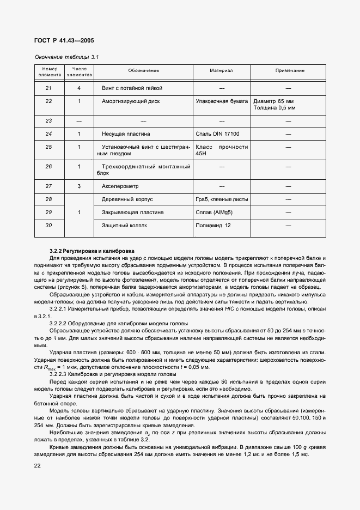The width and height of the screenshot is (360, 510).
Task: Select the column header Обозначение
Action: tap(144, 71)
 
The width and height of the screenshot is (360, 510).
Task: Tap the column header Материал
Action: tap(221, 71)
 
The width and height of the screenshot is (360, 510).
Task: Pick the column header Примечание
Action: tap(289, 71)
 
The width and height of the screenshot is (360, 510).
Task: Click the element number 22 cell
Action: tap(48, 101)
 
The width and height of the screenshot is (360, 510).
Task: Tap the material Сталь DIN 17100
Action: tap(217, 133)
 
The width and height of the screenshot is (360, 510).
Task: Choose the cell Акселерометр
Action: tap(121, 186)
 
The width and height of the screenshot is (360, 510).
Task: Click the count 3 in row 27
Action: tap(79, 186)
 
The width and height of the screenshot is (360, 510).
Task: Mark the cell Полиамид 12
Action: tap(213, 225)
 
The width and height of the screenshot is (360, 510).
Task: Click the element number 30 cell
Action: tap(48, 225)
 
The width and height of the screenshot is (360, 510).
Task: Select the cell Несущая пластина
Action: tap(126, 133)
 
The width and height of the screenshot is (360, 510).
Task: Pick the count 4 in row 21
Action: tap(79, 88)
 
